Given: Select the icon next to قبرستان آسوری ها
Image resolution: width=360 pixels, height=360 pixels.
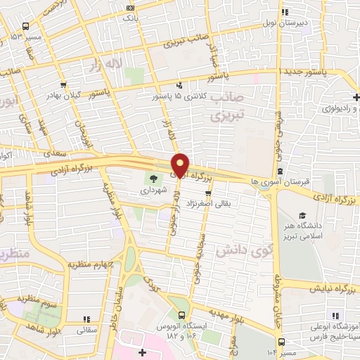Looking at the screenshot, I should click(281, 171).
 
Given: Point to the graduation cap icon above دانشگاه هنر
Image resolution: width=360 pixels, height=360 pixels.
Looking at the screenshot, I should click(302, 215).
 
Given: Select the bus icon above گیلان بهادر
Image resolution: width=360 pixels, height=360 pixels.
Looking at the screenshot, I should click(64, 84).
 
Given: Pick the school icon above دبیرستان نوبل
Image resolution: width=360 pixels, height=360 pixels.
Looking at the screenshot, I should click(285, 12).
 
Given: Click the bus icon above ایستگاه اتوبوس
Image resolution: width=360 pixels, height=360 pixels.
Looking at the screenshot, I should click(182, 314).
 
